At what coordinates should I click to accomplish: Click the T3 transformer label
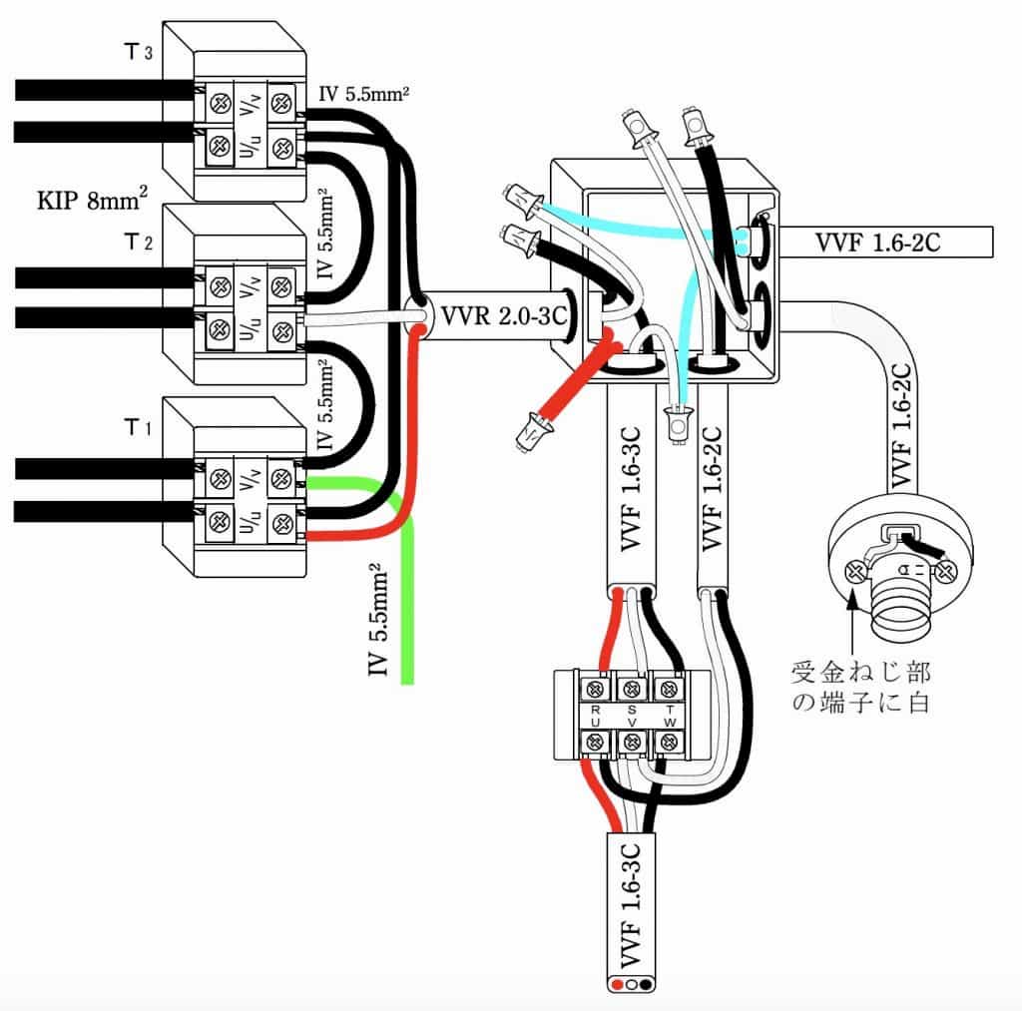pyautogui.click(x=138, y=52)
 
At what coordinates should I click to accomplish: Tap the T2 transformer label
pyautogui.click(x=138, y=243)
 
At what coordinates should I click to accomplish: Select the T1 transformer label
pyautogui.click(x=138, y=427)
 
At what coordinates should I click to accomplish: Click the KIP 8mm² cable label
pyautogui.click(x=92, y=199)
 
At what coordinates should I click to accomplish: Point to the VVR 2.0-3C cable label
pyautogui.click(x=504, y=316)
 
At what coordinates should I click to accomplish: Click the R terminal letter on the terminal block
pyautogui.click(x=595, y=710)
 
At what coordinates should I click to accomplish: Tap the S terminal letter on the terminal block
pyautogui.click(x=632, y=710)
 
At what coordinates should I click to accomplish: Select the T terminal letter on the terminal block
pyautogui.click(x=670, y=710)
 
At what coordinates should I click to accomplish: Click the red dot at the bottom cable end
pyautogui.click(x=618, y=984)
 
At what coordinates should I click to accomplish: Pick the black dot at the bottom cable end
pyautogui.click(x=646, y=984)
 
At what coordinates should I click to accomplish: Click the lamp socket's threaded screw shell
pyautogui.click(x=900, y=606)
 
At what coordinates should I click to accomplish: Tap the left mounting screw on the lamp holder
pyautogui.click(x=855, y=573)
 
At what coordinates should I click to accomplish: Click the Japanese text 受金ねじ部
pyautogui.click(x=860, y=672)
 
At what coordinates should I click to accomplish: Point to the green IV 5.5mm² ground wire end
pyautogui.click(x=407, y=682)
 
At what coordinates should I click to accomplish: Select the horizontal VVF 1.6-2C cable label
pyautogui.click(x=877, y=243)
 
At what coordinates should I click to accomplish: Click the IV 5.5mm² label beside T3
pyautogui.click(x=363, y=95)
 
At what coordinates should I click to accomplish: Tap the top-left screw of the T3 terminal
pyautogui.click(x=221, y=103)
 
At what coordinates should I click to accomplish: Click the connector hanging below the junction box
pyautogui.click(x=678, y=425)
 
